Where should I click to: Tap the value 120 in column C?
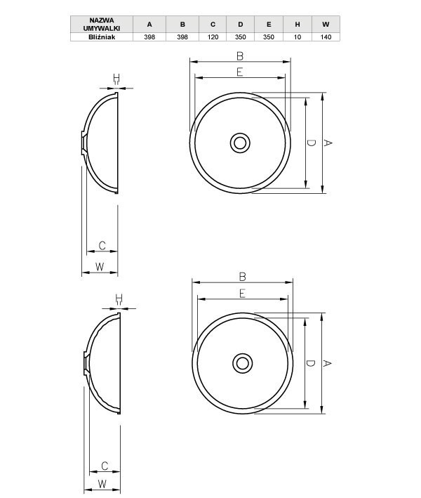coord(213,37)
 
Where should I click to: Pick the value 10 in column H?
coord(298,37)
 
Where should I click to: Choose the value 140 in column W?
coord(326,37)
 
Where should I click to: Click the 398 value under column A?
coord(149,37)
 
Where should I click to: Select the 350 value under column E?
coord(267,37)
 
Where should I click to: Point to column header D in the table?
coord(240,24)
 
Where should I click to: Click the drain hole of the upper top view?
coord(240,143)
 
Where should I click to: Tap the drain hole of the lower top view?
coord(243,363)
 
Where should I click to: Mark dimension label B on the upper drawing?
coord(239,55)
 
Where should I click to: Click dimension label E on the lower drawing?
coord(242,293)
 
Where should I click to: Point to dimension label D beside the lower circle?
coord(310,363)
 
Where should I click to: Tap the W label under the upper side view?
coord(99,266)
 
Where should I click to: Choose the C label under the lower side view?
coord(104,466)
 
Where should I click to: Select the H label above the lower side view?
coord(118,299)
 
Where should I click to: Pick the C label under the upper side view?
coord(102,246)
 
